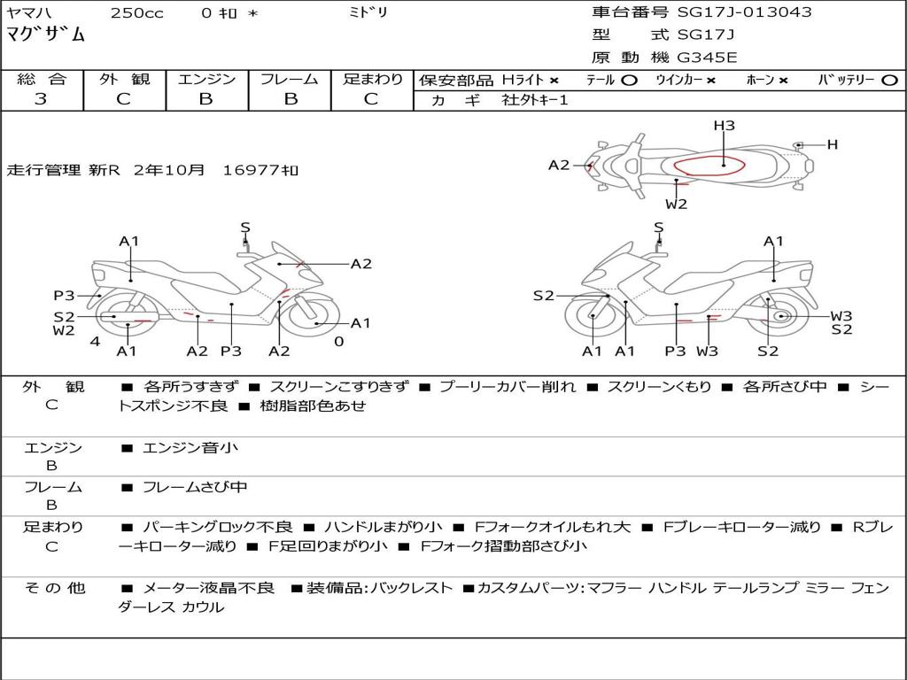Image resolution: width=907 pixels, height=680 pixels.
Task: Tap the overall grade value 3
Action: pos(41,99)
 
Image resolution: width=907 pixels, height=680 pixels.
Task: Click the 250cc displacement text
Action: pos(136,13)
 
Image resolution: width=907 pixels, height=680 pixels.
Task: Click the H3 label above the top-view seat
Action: pos(725,126)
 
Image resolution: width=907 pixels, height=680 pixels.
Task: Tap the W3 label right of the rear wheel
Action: pos(841,316)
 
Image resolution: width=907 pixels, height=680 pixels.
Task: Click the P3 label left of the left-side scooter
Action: pos(64,296)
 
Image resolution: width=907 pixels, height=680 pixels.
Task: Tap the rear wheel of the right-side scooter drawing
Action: pos(779,316)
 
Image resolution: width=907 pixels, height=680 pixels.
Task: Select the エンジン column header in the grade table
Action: pos(206,80)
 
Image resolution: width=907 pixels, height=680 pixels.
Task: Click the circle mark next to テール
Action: pos(629,81)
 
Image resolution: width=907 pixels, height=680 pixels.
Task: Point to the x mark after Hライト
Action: pos(554,81)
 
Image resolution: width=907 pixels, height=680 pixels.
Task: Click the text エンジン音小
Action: pos(190,448)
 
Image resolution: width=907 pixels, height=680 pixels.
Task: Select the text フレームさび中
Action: pos(195,487)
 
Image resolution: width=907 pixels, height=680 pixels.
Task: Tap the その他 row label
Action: pos(53,588)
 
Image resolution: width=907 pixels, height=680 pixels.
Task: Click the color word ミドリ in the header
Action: pos(368,13)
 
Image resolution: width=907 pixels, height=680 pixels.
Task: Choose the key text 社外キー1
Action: pos(535,100)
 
